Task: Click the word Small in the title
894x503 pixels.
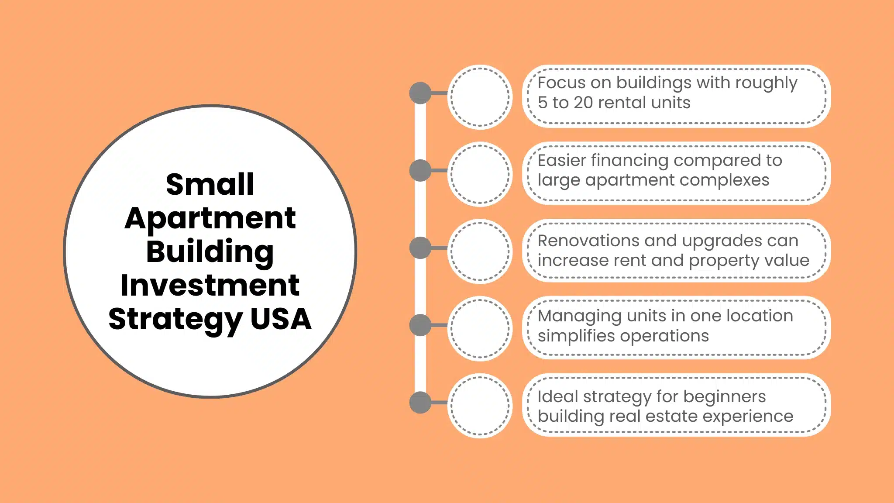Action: point(210,184)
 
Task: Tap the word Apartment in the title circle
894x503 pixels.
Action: point(210,218)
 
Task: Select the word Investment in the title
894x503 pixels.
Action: point(210,286)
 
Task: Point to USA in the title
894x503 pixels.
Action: point(281,319)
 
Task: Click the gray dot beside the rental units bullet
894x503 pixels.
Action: point(420,93)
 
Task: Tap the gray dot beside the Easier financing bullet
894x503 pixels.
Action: point(420,170)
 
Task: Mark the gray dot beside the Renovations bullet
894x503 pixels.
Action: point(420,248)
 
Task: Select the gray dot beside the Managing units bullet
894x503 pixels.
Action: point(420,325)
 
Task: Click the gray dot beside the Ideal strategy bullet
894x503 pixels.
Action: point(420,403)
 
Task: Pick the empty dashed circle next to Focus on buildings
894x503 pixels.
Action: point(480,97)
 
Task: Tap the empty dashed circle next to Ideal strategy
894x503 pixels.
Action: point(480,406)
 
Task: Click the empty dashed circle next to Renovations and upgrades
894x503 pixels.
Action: point(480,251)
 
